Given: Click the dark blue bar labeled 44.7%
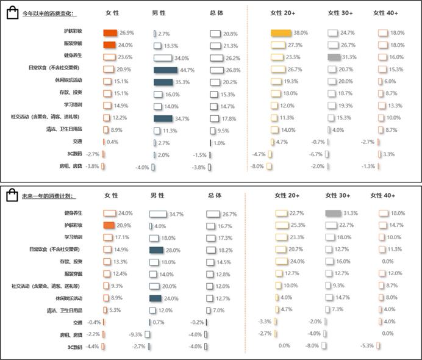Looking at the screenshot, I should click(x=165, y=70).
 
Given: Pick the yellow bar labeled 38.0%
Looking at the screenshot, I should click(x=281, y=33).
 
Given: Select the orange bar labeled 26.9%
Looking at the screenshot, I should click(x=110, y=33).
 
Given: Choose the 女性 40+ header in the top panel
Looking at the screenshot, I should click(x=385, y=13).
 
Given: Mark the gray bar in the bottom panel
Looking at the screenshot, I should click(x=332, y=213).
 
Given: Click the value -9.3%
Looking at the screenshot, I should click(x=135, y=334).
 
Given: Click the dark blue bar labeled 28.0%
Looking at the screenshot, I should click(x=156, y=250).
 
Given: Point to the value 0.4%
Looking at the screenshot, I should click(x=113, y=142).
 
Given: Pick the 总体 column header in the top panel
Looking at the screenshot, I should click(x=216, y=13).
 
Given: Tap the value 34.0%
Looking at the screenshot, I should click(x=182, y=58).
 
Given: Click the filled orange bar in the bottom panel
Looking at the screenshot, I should click(x=109, y=226).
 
